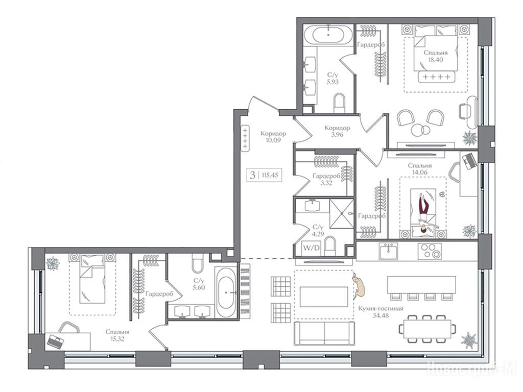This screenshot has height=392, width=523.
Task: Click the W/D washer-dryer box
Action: coord(311,248)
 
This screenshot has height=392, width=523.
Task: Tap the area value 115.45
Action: coord(270,175)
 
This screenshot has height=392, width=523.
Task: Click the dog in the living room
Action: coord(359,285)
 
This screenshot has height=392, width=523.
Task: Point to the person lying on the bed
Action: coord(424,213)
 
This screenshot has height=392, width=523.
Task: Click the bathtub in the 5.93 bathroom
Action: coord(328,34)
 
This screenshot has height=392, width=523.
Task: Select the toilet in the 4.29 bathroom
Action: coord(330,246)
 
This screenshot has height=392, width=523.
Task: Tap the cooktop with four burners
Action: coord(430,251)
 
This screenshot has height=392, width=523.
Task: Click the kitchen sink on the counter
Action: coord(388,251)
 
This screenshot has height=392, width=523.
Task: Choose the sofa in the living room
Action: coord(324,333)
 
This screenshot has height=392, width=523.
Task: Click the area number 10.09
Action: coord(273,140)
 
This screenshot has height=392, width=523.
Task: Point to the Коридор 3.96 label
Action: coord(337,131)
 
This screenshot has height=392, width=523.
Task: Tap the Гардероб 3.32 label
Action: coord(326,179)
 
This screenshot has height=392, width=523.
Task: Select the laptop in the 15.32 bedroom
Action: coord(55,341)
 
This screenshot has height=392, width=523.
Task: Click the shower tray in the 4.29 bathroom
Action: coord(342,214)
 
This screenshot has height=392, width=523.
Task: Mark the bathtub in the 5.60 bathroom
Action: coord(226,292)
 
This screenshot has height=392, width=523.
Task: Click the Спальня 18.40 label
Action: coord(436,56)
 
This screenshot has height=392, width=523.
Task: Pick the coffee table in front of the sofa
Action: coord(324,297)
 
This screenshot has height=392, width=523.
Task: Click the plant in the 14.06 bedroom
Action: coord(469,231)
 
